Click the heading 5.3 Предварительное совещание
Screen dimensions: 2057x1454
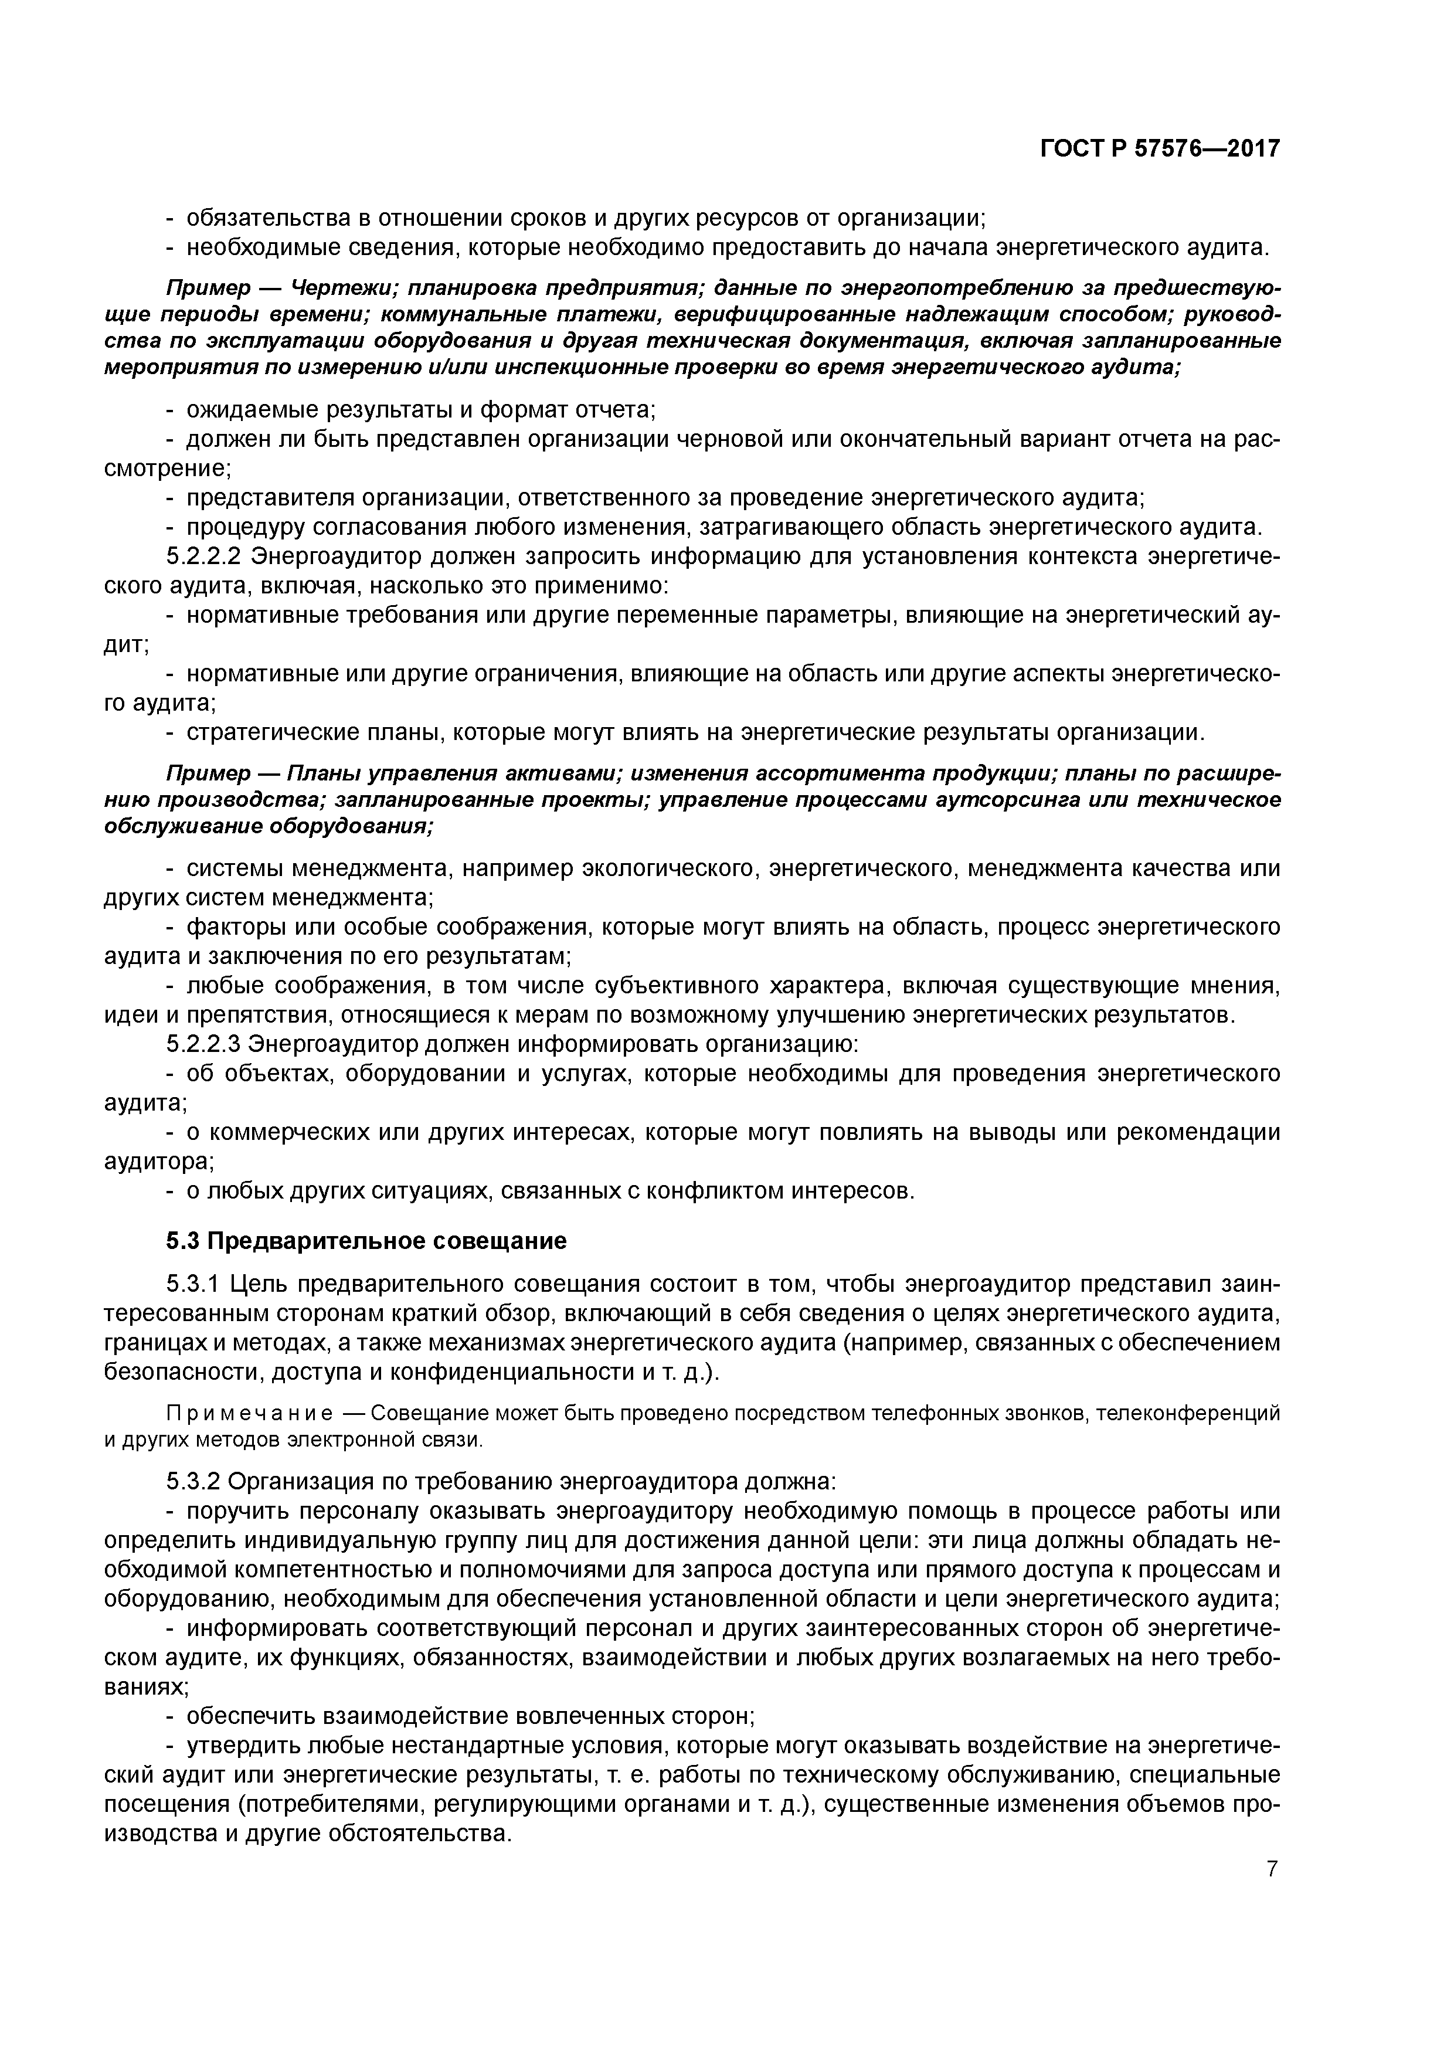coord(366,1241)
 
